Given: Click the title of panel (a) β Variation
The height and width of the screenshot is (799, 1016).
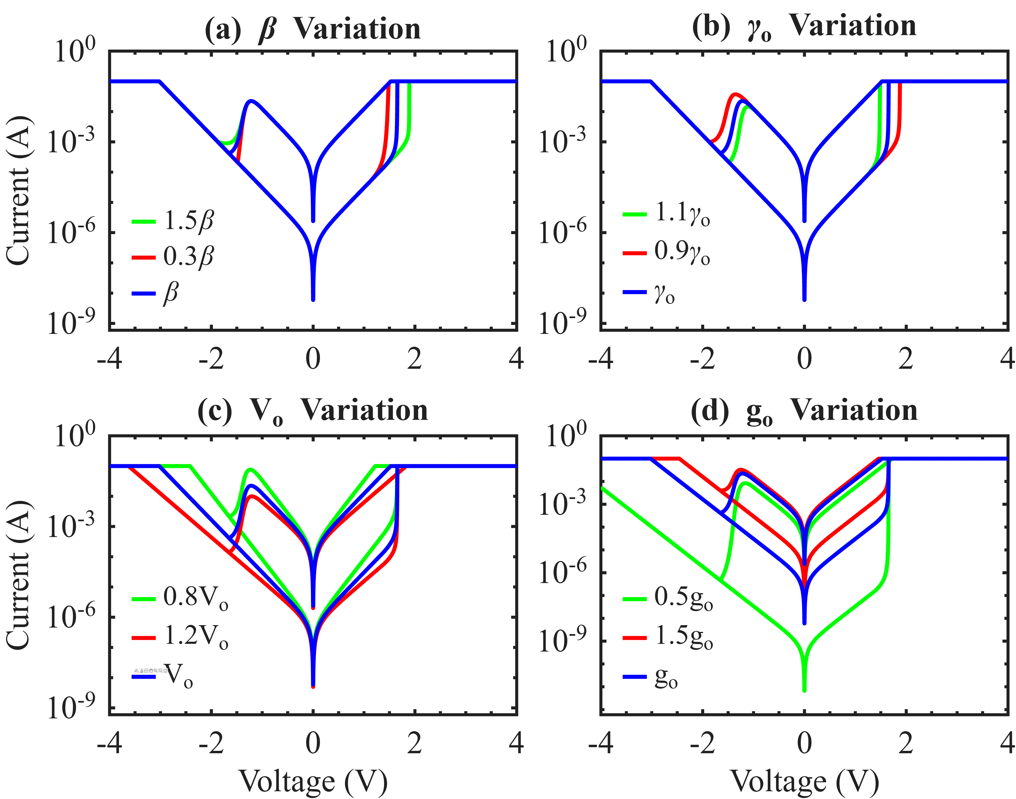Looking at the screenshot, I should coord(313,29).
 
